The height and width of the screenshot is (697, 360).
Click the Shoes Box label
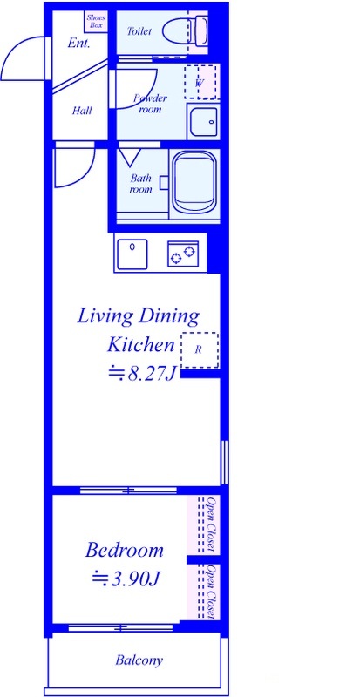tap(96, 21)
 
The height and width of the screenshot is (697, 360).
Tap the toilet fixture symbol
tap(185, 30)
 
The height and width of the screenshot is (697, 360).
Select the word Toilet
tap(139, 31)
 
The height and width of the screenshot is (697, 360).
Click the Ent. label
tap(78, 44)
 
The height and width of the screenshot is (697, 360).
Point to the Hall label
tap(82, 111)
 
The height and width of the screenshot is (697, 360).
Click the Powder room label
tap(151, 104)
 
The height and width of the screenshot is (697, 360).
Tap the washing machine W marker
tap(200, 83)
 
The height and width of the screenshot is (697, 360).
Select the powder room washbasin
tap(203, 122)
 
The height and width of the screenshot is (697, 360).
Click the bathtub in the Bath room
tap(194, 183)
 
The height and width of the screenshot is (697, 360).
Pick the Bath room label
tap(140, 184)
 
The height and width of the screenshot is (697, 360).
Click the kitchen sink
tap(132, 254)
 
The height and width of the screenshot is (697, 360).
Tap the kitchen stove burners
tap(183, 254)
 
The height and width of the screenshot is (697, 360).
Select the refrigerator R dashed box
tap(200, 350)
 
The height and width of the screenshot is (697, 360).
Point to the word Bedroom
tap(125, 551)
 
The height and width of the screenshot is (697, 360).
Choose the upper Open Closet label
tap(212, 524)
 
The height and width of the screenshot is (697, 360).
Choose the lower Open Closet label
tap(212, 592)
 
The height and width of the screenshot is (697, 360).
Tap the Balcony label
tap(139, 660)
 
